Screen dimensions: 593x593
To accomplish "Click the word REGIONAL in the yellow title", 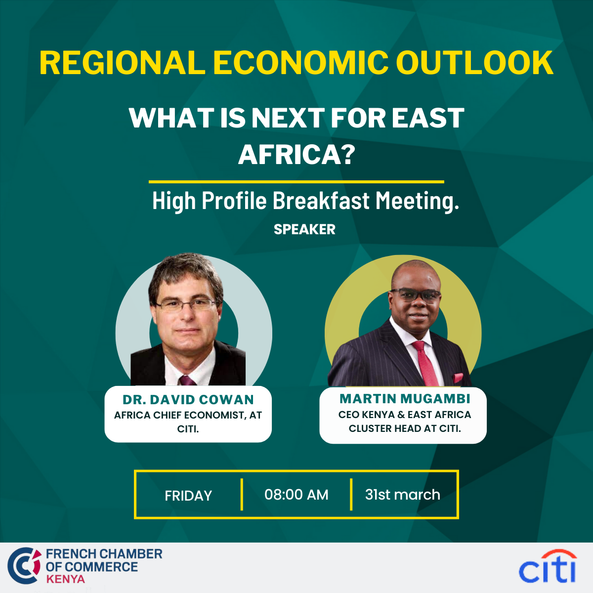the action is [123, 63].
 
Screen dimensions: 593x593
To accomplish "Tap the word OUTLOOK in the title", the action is [475, 63].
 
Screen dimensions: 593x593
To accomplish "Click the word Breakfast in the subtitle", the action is [321, 201].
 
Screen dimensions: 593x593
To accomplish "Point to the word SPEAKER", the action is [304, 229].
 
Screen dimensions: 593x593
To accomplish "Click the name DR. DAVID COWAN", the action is [188, 399].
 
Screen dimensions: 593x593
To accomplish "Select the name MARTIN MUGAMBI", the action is [405, 398].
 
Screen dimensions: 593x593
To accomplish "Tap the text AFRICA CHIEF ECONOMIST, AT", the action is [188, 415].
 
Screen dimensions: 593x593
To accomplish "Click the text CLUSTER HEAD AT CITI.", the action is [405, 428].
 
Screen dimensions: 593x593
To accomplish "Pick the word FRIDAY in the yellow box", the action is [188, 496].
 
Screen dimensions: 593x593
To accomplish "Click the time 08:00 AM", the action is [296, 495].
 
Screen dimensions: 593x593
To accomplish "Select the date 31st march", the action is [403, 495].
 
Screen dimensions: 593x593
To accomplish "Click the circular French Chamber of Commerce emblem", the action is [25, 566].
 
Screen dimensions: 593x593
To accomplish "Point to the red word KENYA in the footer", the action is [65, 579].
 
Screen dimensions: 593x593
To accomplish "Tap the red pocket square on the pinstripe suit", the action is [458, 377].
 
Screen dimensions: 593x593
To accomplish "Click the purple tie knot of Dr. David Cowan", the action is [187, 381].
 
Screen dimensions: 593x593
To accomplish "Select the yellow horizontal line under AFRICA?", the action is [296, 182].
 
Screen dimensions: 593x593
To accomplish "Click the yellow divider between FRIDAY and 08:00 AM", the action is [242, 495].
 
